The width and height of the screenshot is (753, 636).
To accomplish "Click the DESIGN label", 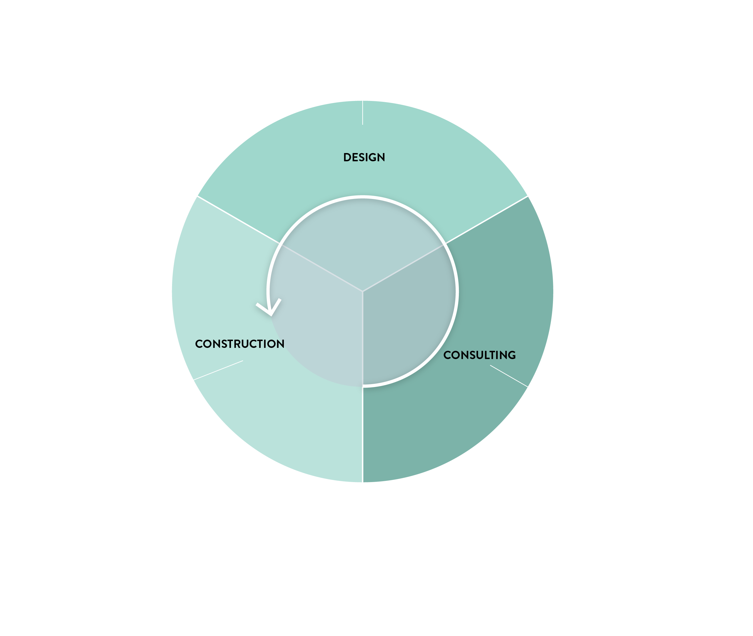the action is (x=364, y=157).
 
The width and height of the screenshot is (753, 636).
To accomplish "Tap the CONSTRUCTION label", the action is (x=240, y=343).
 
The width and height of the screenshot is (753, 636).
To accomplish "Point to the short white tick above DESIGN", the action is (x=362, y=113).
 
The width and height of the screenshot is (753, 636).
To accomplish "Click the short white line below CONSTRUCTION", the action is (x=218, y=370).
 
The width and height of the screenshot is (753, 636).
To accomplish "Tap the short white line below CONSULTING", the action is (x=509, y=376).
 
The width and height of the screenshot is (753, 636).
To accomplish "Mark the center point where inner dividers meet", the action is (x=362, y=291).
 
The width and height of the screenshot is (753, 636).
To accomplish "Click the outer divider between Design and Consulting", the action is (x=487, y=220).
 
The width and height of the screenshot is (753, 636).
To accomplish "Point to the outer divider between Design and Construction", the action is (x=239, y=220).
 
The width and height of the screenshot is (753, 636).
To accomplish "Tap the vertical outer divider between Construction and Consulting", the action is (x=362, y=434).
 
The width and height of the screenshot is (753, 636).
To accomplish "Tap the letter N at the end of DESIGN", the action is (x=381, y=157).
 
